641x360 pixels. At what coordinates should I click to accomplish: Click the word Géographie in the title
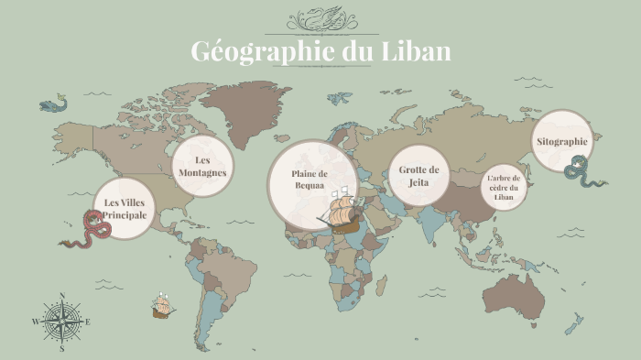250,51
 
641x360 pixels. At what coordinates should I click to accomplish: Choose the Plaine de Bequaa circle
309,179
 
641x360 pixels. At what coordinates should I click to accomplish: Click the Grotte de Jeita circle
419,175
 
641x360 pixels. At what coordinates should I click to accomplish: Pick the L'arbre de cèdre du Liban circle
503,187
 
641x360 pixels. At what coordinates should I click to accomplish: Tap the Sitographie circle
562,142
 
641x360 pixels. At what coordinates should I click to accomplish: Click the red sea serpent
87,230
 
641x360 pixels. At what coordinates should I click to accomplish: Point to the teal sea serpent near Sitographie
582,171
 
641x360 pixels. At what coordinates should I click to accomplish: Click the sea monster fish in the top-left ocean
53,105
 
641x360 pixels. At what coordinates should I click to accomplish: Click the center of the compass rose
62,322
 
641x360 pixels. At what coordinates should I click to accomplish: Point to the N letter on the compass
62,295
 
